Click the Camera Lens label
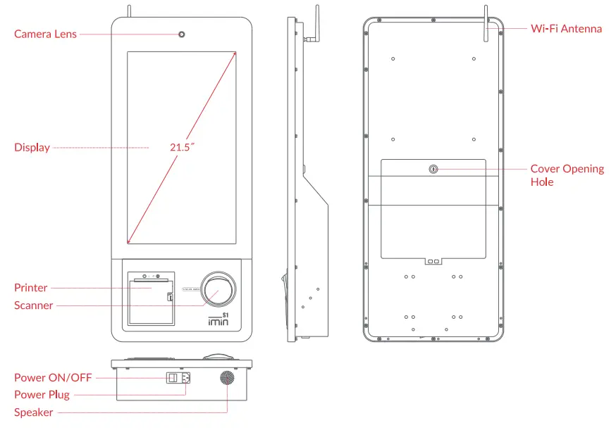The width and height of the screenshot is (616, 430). point(45,34)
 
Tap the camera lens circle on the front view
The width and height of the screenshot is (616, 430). point(182,34)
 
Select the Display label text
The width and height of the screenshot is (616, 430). point(32,148)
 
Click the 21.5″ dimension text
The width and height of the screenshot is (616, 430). point(182,148)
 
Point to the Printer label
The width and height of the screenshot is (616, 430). point(31,288)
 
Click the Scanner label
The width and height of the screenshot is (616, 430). point(33,305)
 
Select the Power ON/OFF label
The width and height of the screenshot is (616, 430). point(53,378)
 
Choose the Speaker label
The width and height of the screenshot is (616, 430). point(33,412)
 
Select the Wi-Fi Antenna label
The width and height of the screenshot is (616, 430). point(566,29)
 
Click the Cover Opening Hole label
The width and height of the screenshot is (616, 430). point(567,175)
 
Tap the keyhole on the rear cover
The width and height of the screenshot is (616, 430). point(433,169)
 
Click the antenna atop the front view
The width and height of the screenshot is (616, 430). point(129,10)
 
